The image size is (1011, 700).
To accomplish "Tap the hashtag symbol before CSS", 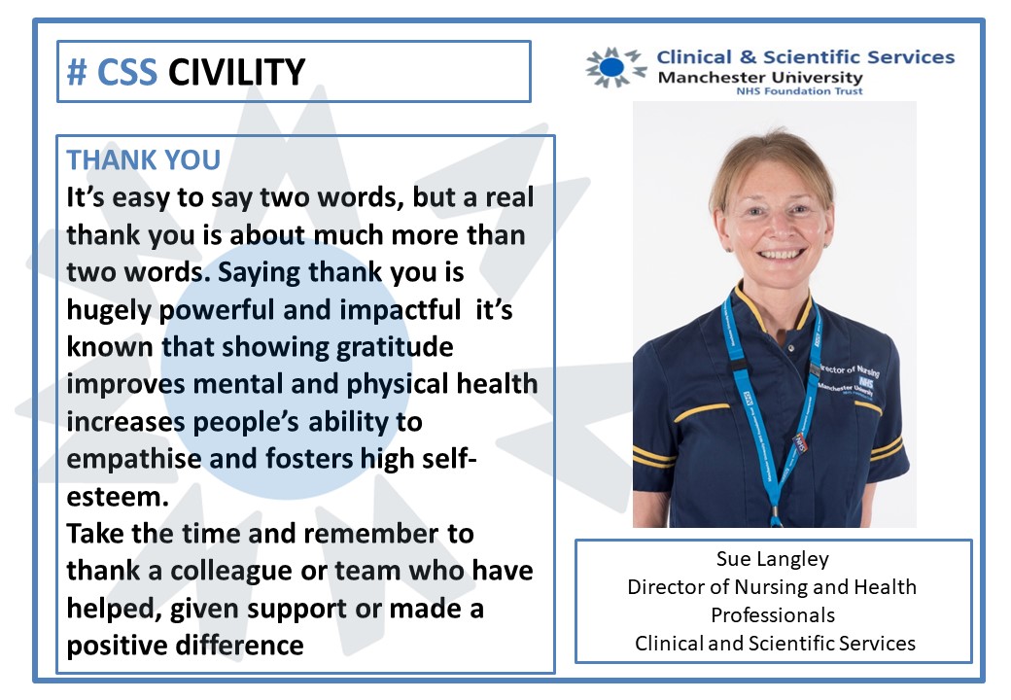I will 77,71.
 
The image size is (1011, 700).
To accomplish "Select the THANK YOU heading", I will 143,159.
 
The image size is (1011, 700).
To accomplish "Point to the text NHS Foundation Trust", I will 813,91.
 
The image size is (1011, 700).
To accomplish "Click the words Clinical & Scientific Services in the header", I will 806,57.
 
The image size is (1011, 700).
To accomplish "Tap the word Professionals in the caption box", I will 774,614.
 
